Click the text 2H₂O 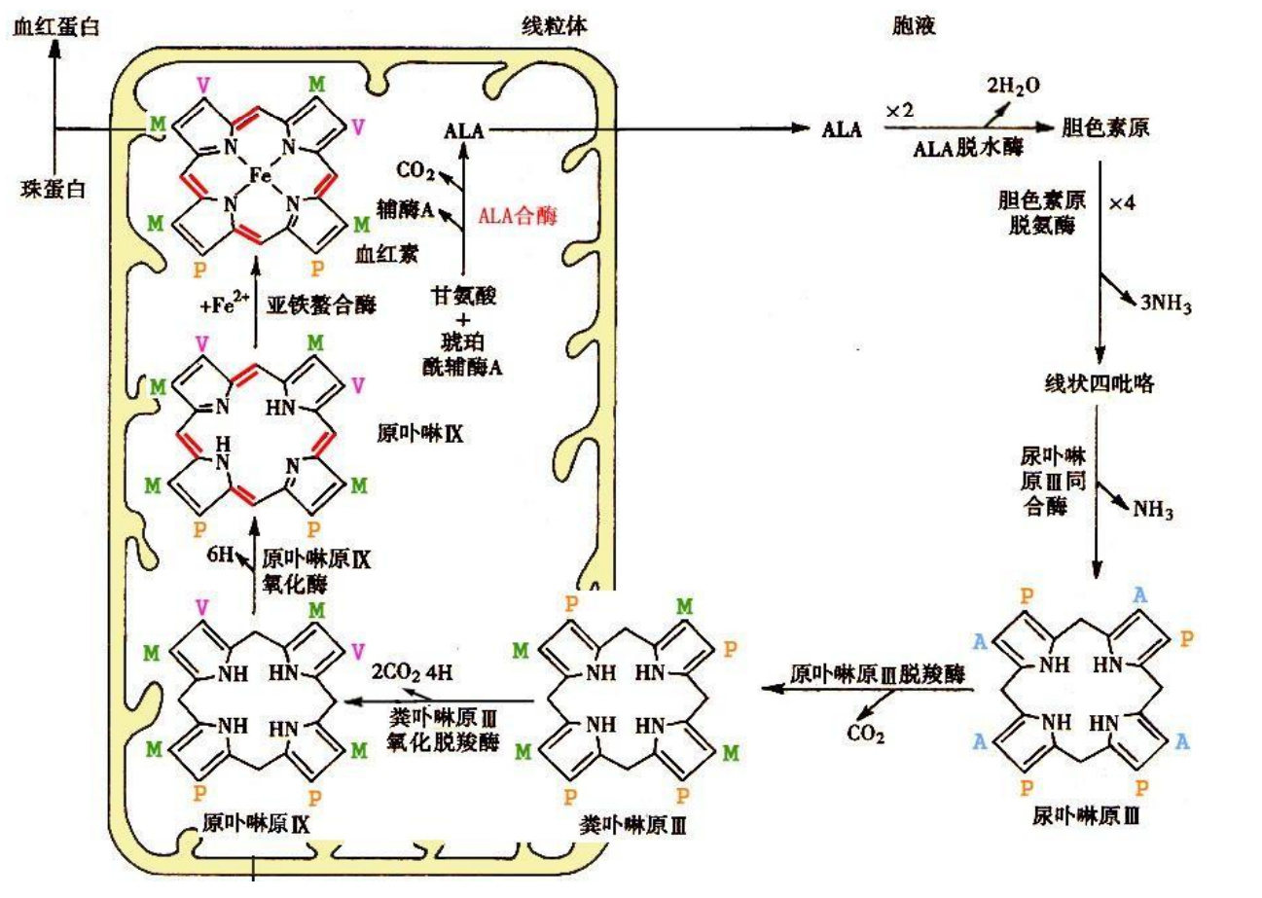point(1013,86)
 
